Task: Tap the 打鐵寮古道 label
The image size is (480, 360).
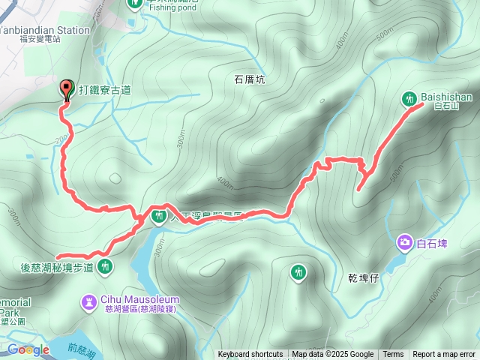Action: [x=104, y=90]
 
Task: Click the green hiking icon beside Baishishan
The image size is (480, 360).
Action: [x=409, y=97]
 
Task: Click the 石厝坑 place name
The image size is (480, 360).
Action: [x=250, y=79]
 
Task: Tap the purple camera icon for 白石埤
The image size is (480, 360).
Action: [x=405, y=241]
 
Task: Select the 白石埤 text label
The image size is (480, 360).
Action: [x=432, y=243]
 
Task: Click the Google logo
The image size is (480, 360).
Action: [x=28, y=350]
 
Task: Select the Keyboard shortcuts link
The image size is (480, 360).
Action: [x=250, y=355]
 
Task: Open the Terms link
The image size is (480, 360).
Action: [x=393, y=355]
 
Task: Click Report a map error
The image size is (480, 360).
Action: [x=445, y=355]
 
